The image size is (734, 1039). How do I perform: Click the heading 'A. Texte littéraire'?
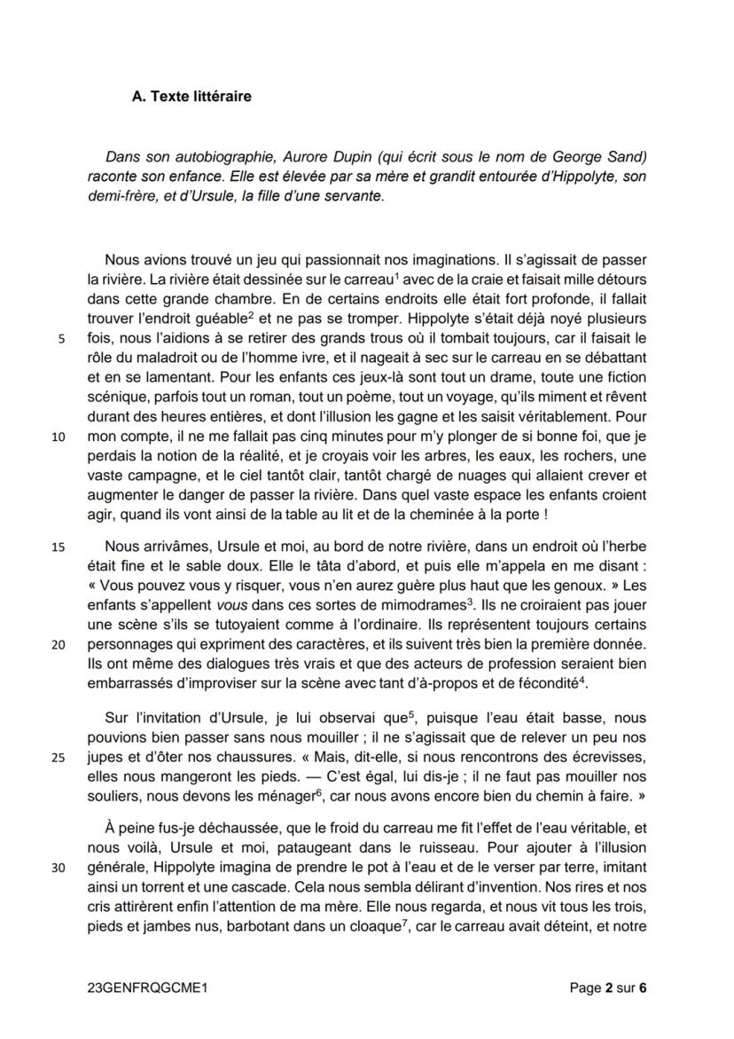pyautogui.click(x=191, y=97)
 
